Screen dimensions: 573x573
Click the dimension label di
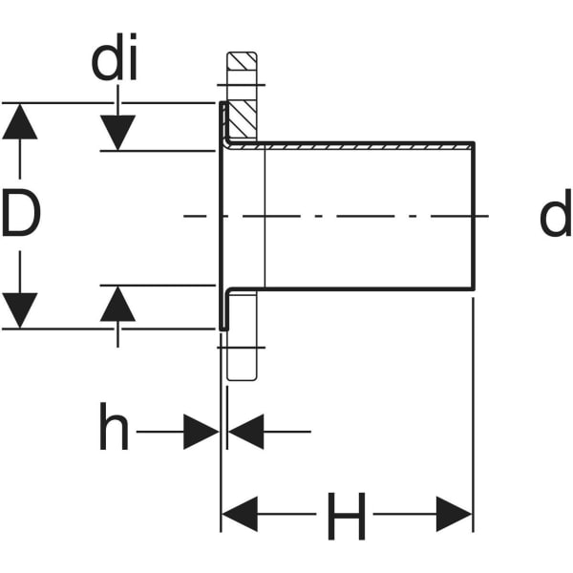click(x=115, y=62)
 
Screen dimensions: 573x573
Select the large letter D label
click(x=21, y=215)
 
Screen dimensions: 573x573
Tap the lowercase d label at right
click(x=554, y=217)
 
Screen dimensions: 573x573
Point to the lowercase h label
click(x=114, y=431)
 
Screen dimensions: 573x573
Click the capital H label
click(x=346, y=517)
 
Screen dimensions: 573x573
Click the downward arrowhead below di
click(x=117, y=132)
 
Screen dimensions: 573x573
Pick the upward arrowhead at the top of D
click(x=20, y=121)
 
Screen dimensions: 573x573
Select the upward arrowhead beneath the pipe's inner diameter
click(x=117, y=304)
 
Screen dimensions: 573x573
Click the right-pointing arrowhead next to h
click(x=201, y=432)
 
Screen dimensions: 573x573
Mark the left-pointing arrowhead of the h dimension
click(x=245, y=432)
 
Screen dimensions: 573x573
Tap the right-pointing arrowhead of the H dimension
click(x=454, y=515)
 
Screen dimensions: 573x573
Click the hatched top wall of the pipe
click(x=363, y=145)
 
